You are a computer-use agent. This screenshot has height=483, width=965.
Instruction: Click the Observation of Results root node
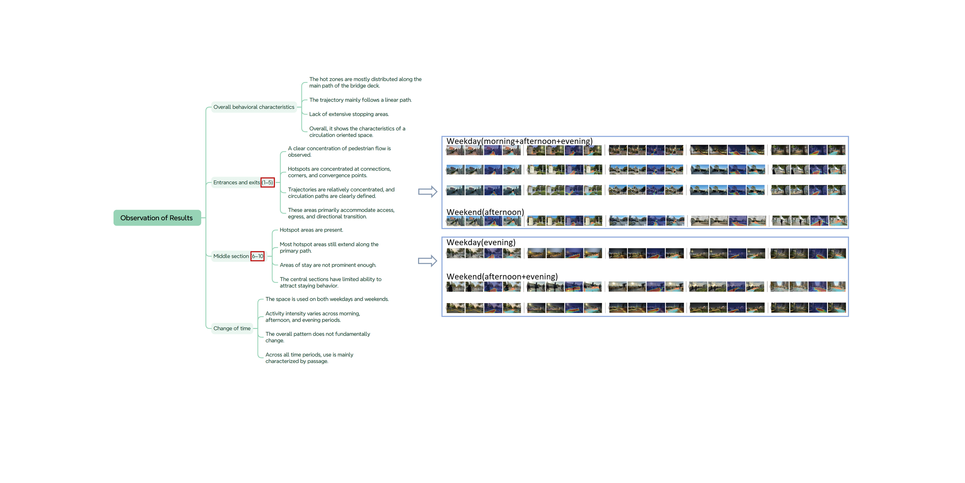pyautogui.click(x=157, y=218)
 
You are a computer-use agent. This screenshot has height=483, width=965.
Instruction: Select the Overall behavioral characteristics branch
pyautogui.click(x=254, y=107)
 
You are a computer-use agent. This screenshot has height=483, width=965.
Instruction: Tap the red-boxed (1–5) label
pyautogui.click(x=267, y=183)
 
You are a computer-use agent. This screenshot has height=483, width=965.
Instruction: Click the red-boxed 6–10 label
pyautogui.click(x=257, y=256)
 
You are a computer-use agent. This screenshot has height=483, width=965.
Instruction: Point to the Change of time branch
pyautogui.click(x=232, y=329)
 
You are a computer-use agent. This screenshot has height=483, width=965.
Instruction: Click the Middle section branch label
pyautogui.click(x=231, y=256)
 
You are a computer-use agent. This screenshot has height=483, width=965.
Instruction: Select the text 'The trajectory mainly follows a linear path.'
pyautogui.click(x=360, y=100)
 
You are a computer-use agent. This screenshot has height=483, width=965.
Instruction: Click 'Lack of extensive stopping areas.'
pyautogui.click(x=349, y=114)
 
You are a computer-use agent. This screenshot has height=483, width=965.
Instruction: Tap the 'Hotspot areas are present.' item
pyautogui.click(x=311, y=230)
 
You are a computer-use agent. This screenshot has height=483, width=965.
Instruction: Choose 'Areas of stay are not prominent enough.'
pyautogui.click(x=328, y=265)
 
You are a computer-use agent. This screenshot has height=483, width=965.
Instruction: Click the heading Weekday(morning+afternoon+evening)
pyautogui.click(x=519, y=141)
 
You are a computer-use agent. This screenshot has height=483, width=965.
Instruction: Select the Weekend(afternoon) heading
pyautogui.click(x=485, y=212)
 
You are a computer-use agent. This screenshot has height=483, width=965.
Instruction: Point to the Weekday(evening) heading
pyautogui.click(x=481, y=242)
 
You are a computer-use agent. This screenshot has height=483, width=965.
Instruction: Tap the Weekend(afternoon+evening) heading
pyautogui.click(x=502, y=276)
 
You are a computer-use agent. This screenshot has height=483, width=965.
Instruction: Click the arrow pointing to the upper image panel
pyautogui.click(x=428, y=192)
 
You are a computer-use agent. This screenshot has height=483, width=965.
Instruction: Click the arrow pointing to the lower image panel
pyautogui.click(x=428, y=261)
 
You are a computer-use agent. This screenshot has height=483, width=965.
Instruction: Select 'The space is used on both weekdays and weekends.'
pyautogui.click(x=327, y=299)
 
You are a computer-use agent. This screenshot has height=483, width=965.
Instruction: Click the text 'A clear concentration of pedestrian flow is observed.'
pyautogui.click(x=339, y=152)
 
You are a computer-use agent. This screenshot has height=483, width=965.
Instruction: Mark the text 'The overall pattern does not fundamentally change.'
pyautogui.click(x=317, y=337)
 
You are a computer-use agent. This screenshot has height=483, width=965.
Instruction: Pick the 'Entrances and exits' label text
pyautogui.click(x=236, y=183)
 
